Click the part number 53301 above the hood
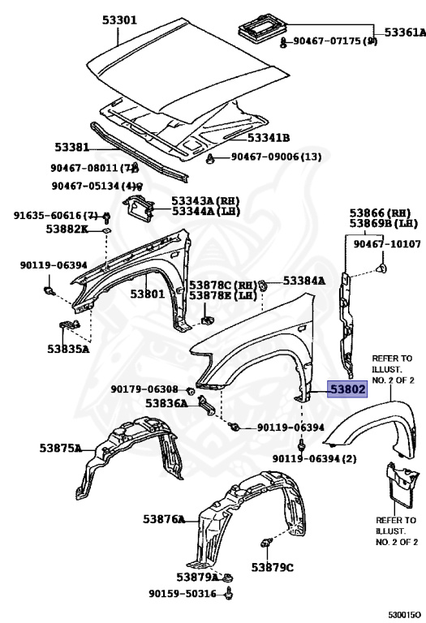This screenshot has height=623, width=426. [x=119, y=19]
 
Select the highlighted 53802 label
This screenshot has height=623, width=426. [x=347, y=389]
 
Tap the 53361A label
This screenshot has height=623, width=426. [x=405, y=32]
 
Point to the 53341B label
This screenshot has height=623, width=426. [x=269, y=138]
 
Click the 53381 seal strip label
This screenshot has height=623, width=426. [x=71, y=147]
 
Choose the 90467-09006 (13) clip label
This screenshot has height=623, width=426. [x=276, y=157]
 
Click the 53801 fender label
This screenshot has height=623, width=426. [x=148, y=294]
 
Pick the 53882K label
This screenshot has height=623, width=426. [x=67, y=229]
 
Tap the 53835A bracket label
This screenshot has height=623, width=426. [x=68, y=349]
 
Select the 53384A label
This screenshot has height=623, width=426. [x=304, y=281]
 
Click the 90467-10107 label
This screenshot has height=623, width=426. [x=387, y=243]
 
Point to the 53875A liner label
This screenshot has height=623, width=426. [x=60, y=448]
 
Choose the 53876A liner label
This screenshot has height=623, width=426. [x=164, y=519]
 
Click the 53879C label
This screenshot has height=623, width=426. [x=272, y=567]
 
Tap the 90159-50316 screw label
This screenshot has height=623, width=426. [x=183, y=594]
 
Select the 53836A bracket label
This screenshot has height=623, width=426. [x=166, y=403]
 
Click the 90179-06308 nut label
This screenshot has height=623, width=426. [x=144, y=389]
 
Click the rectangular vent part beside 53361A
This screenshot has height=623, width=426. [x=263, y=27]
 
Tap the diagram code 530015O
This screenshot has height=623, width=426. [x=404, y=615]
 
